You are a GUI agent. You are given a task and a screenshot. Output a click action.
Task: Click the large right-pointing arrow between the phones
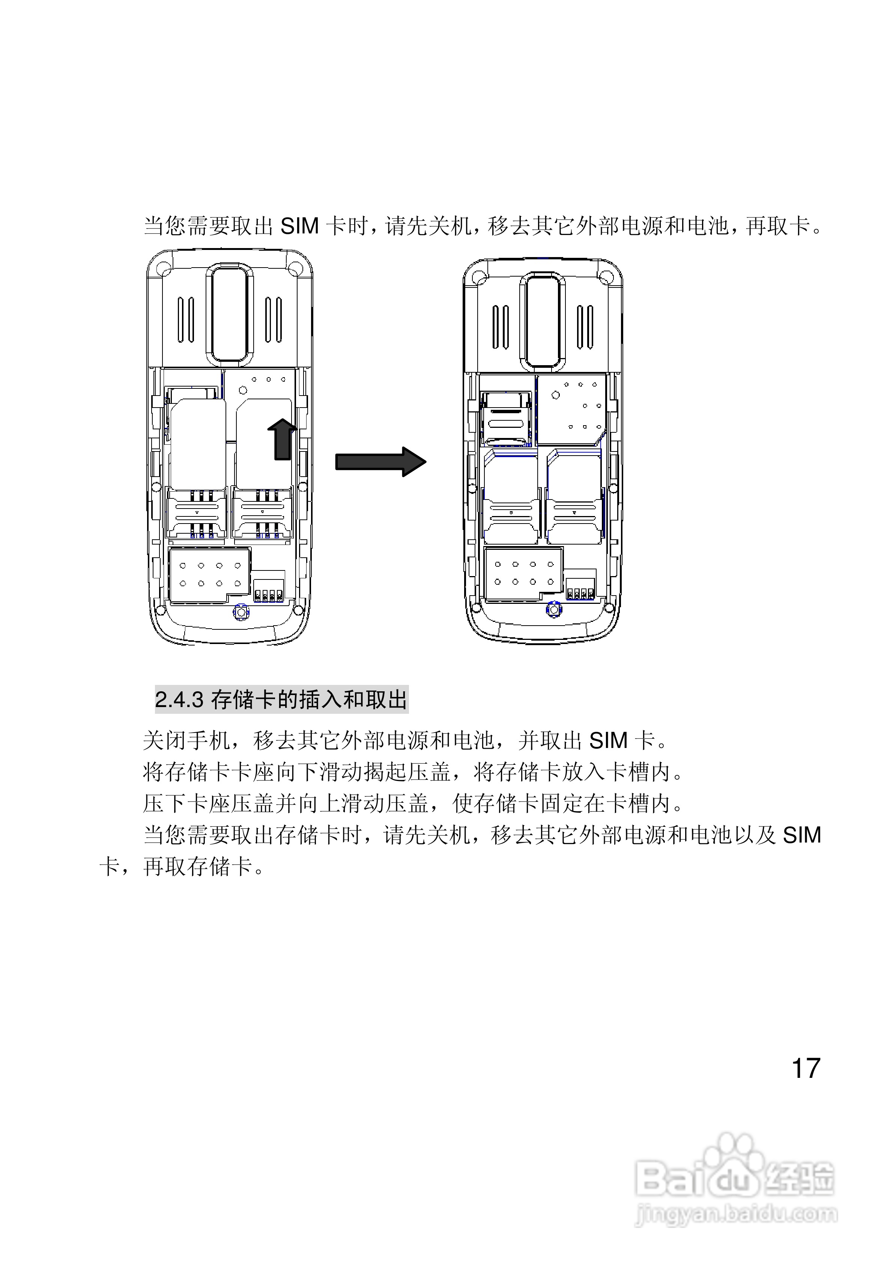pyautogui.click(x=380, y=461)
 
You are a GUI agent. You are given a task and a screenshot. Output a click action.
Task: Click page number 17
pyautogui.click(x=806, y=1068)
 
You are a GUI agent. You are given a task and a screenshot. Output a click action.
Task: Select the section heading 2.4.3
pyautogui.click(x=281, y=700)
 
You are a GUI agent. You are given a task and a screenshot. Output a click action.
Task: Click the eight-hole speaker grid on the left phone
pyautogui.click(x=210, y=574)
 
